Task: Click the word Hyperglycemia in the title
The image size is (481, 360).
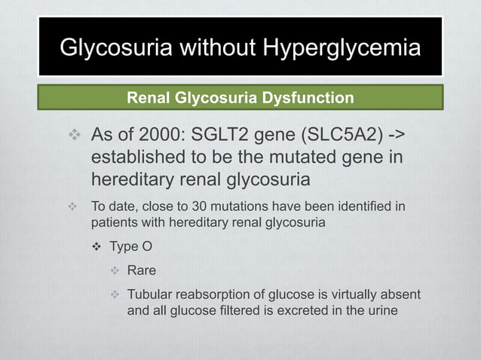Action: (342, 48)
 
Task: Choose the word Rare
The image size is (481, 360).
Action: (142, 270)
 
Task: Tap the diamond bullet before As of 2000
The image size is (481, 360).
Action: (73, 137)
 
